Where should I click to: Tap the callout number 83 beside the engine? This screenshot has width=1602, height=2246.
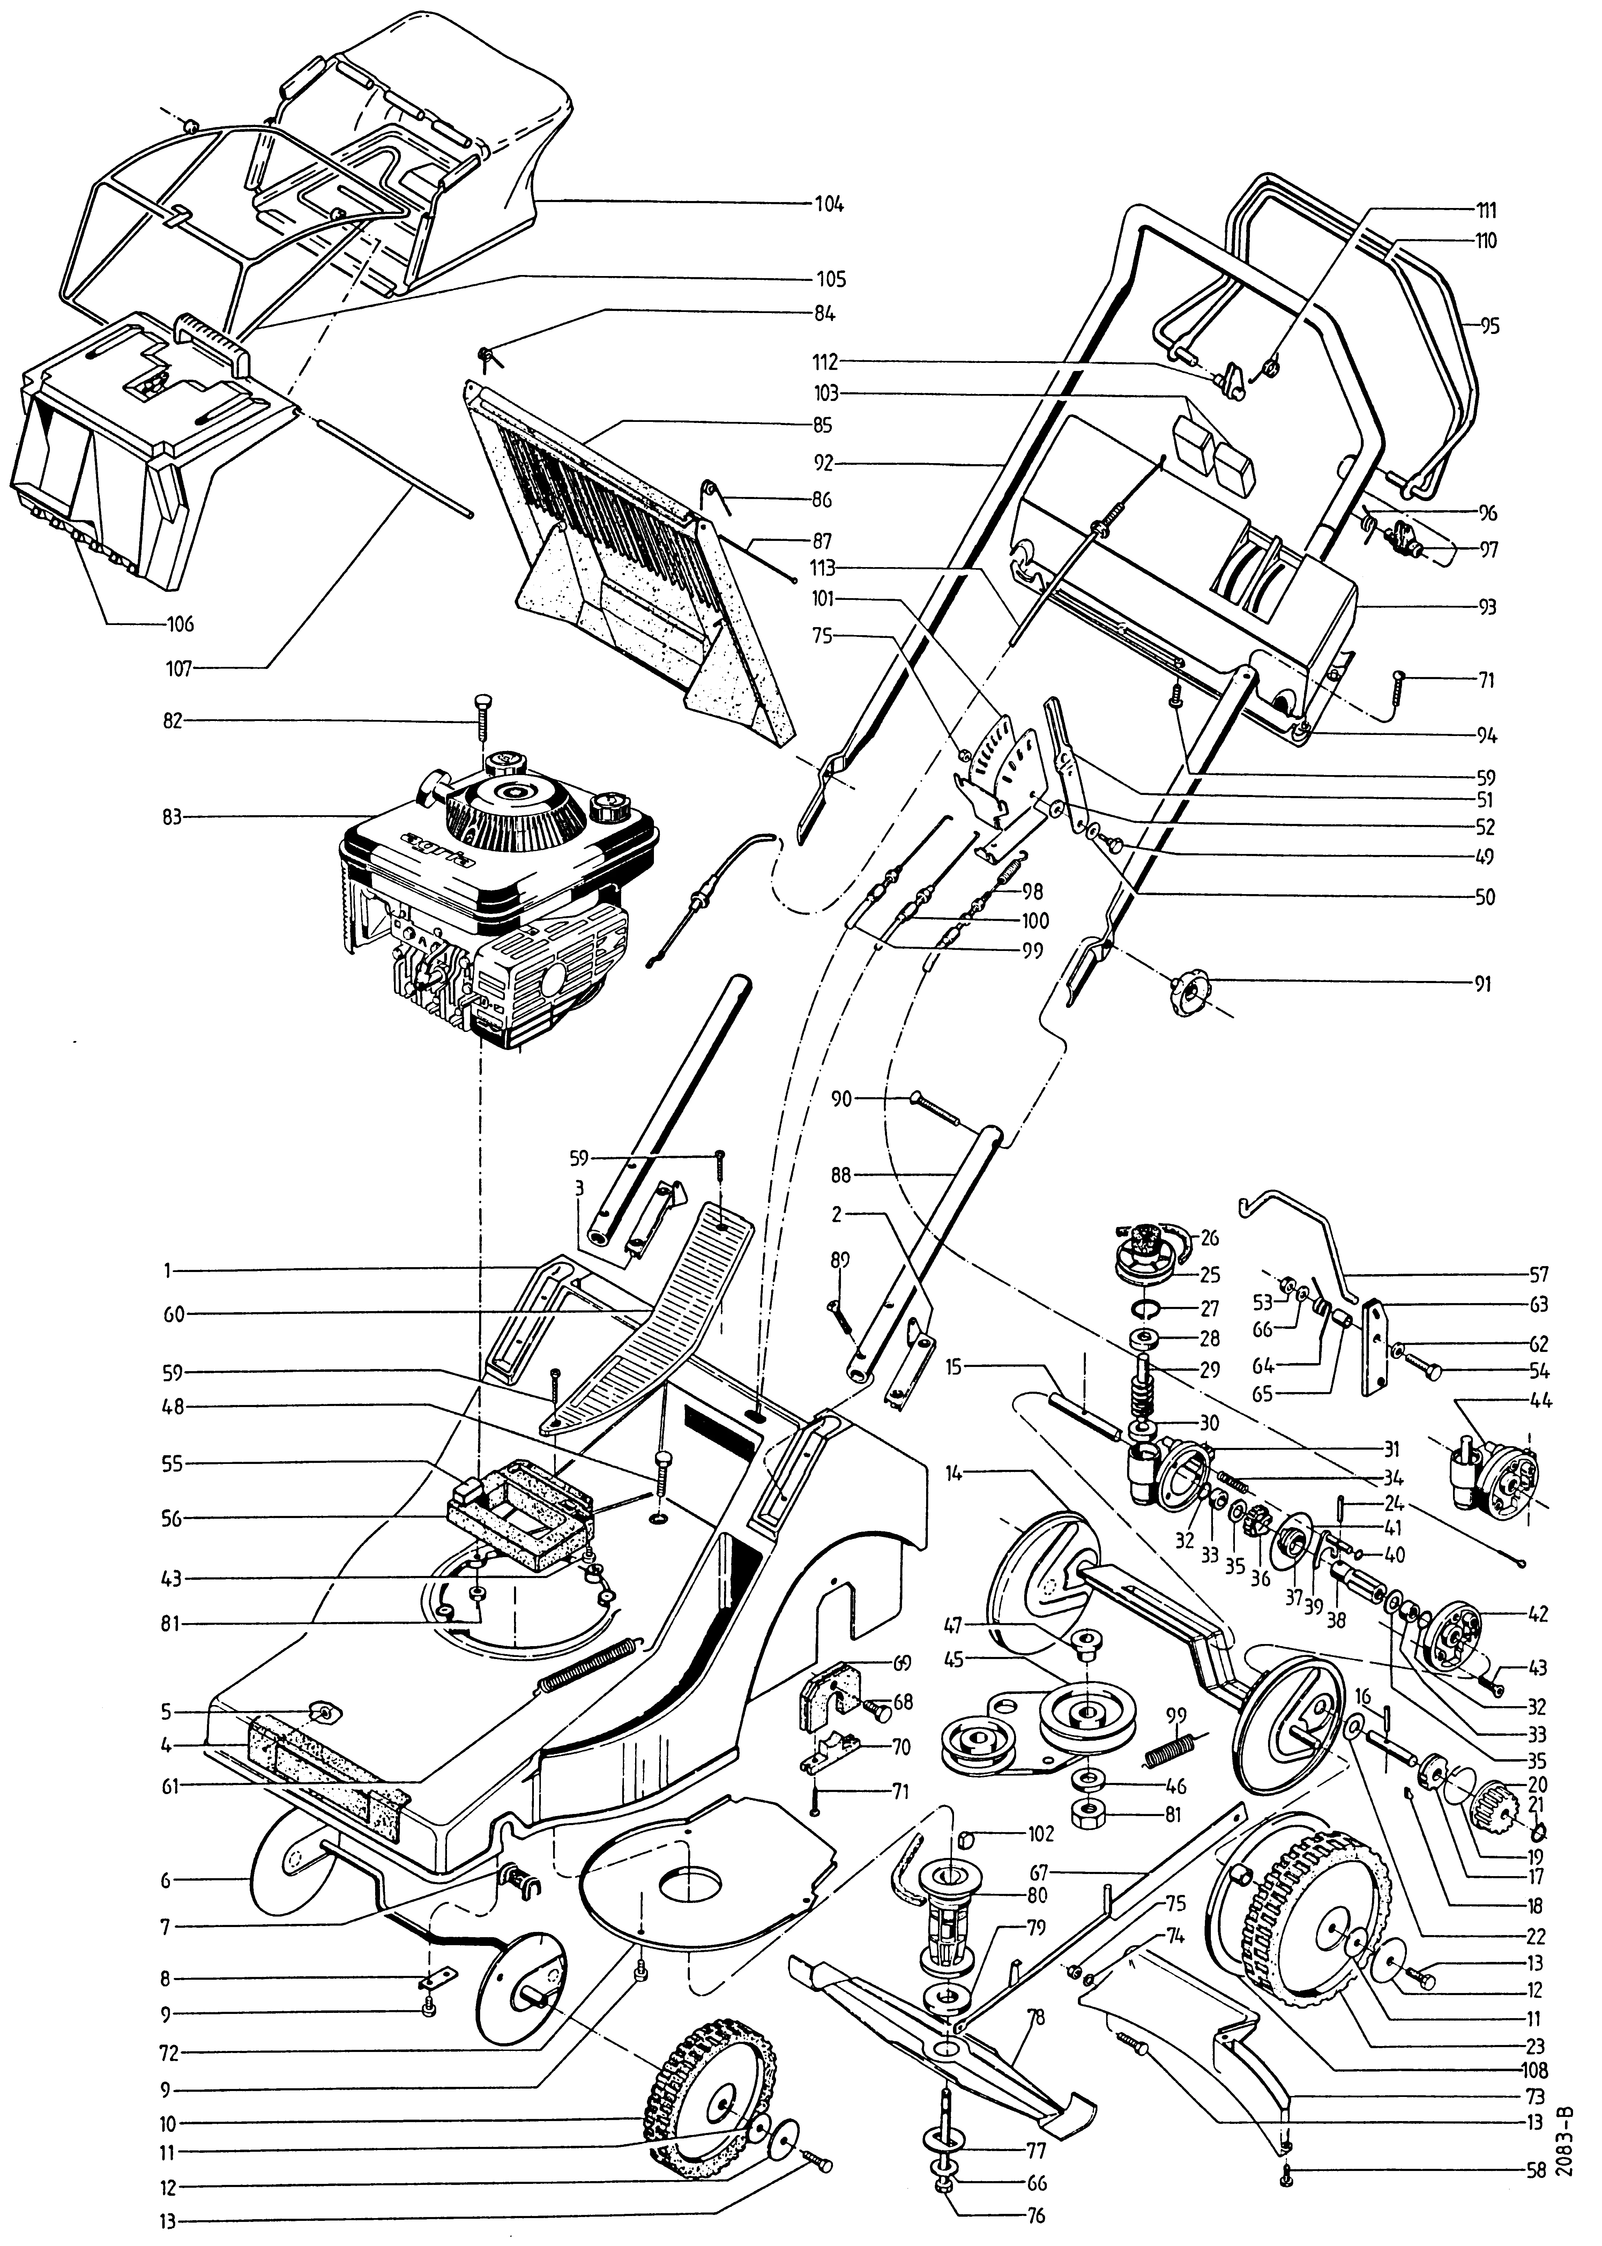173,817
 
